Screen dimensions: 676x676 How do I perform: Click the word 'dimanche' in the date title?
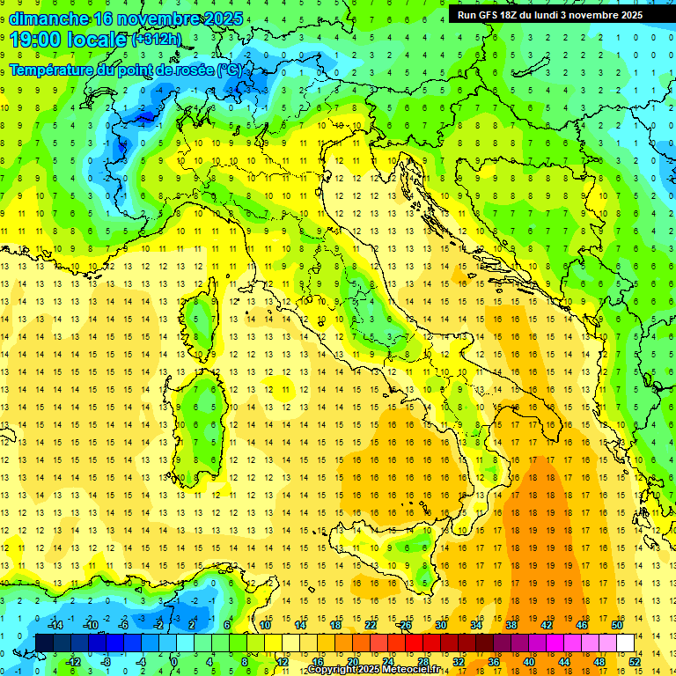pyautogui.click(x=48, y=18)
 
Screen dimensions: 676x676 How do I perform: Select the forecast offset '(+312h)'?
pyautogui.click(x=158, y=40)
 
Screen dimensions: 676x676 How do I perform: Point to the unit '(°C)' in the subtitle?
pyautogui.click(x=229, y=70)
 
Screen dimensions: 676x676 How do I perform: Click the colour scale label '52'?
pyautogui.click(x=635, y=662)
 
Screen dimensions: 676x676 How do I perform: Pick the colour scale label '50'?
pyautogui.click(x=617, y=624)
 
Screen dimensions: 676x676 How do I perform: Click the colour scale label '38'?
pyautogui.click(x=511, y=624)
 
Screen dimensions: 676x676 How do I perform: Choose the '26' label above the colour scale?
pyautogui.click(x=406, y=624)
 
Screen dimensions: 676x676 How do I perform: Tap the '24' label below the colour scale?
pyautogui.click(x=388, y=662)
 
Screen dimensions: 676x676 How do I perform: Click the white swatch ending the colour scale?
pyautogui.click(x=626, y=643)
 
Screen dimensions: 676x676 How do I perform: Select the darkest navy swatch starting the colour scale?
pyautogui.click(x=45, y=643)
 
